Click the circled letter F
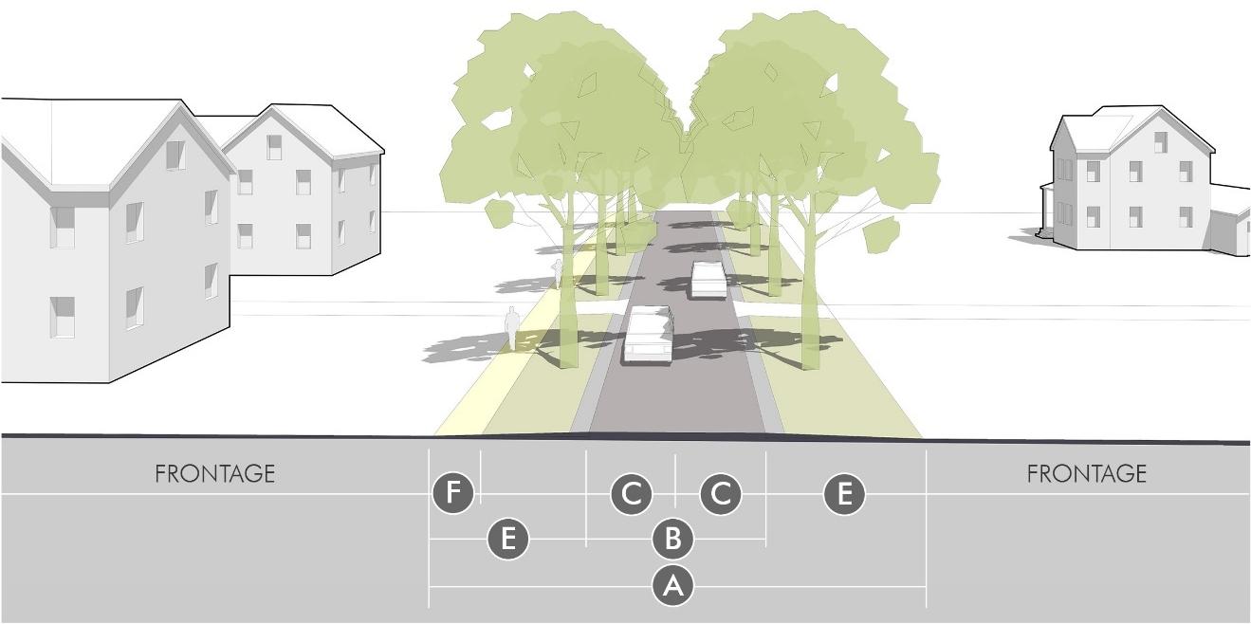[x=453, y=495]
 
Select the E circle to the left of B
[x=508, y=541]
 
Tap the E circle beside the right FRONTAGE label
[x=844, y=495]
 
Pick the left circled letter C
[x=632, y=495]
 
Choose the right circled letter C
[x=720, y=495]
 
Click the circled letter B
[x=672, y=541]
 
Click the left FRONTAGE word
[x=214, y=473]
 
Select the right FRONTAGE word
[x=1087, y=473]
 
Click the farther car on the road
[x=708, y=280]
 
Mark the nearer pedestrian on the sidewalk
[x=512, y=329]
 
